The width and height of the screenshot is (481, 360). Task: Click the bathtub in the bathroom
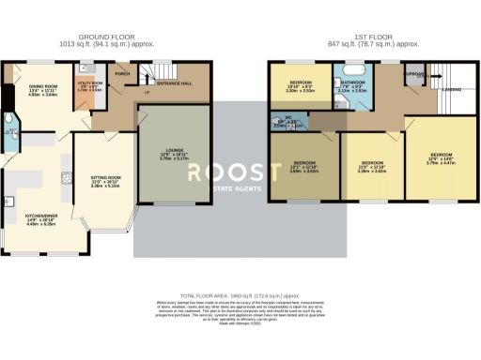[355, 69]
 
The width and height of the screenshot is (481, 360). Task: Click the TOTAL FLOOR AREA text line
[240, 294]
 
